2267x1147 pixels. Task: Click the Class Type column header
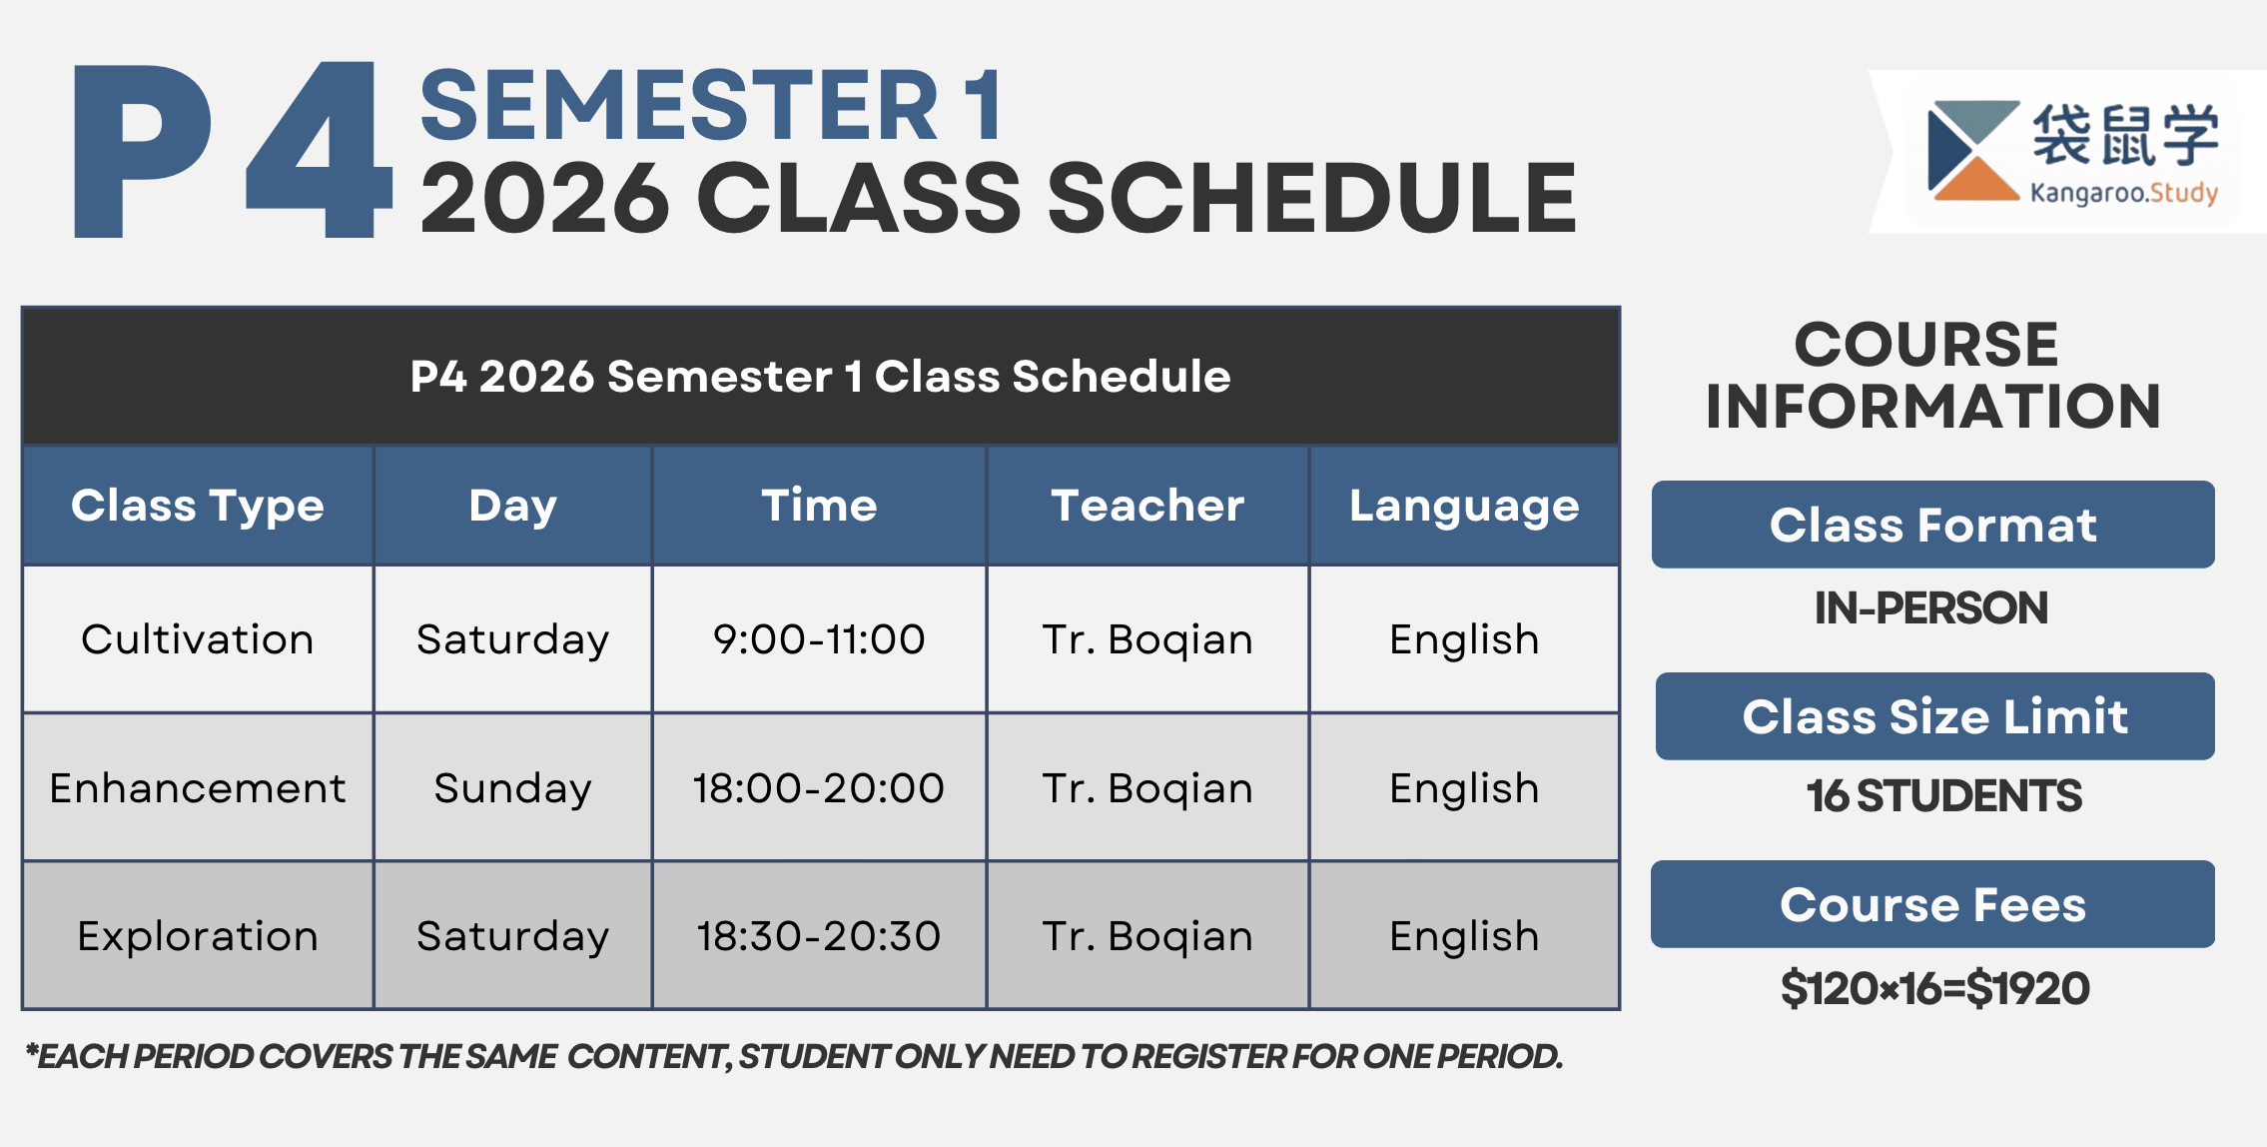(x=198, y=506)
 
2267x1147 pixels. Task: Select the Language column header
(x=1464, y=506)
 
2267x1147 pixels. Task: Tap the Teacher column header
(x=1147, y=506)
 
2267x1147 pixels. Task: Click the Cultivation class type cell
(x=198, y=639)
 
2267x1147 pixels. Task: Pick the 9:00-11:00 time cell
(x=819, y=639)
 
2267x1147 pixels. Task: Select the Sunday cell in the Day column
(x=512, y=788)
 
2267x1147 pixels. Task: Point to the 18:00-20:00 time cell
(x=819, y=788)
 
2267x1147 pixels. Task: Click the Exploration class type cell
(x=198, y=936)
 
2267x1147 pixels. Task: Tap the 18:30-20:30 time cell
(x=819, y=936)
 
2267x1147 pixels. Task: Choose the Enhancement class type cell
(x=198, y=788)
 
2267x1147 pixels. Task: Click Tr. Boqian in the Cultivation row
(x=1147, y=639)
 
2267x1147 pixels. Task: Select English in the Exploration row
(x=1464, y=936)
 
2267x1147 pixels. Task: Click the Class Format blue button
(x=1932, y=525)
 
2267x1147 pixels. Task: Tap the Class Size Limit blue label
(x=1934, y=716)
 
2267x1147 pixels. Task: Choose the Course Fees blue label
(x=1932, y=904)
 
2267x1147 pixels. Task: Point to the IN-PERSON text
(x=1931, y=607)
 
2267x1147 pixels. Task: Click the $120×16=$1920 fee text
(x=1934, y=988)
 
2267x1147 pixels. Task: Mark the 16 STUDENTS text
(x=1943, y=796)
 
